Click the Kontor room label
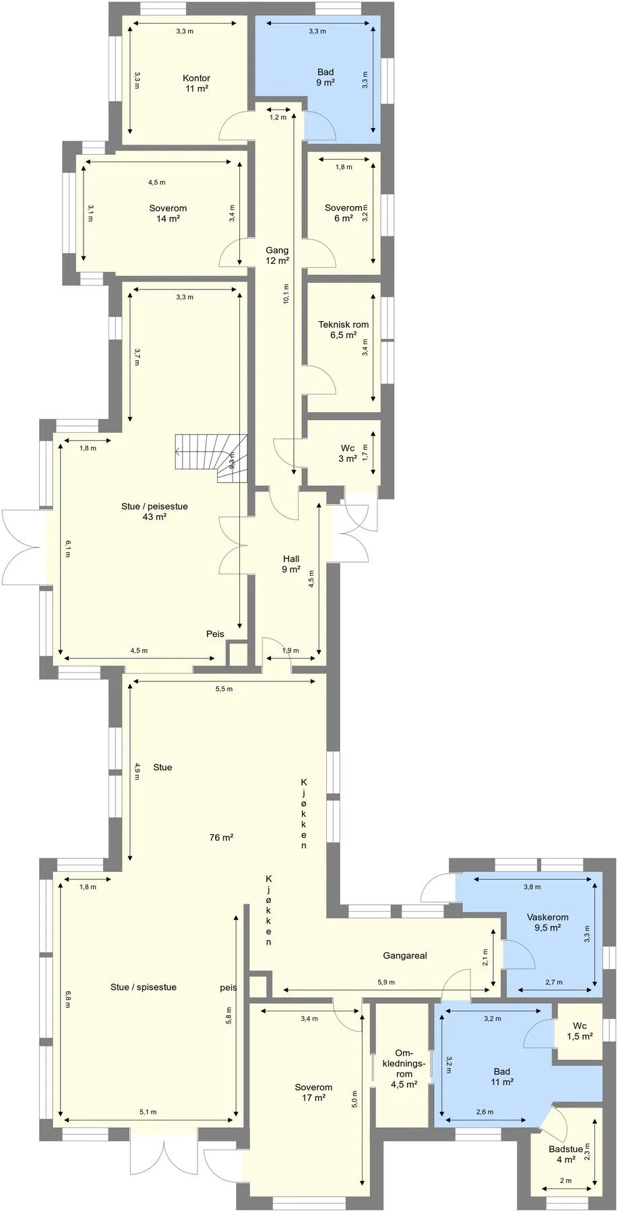(x=197, y=78)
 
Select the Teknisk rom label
(x=344, y=325)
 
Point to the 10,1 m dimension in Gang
(x=286, y=294)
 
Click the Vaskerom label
(x=548, y=917)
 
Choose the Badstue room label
(x=565, y=1149)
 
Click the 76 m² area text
(x=221, y=838)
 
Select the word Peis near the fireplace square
(x=215, y=634)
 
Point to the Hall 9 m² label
(x=291, y=564)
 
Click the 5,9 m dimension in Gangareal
(x=386, y=982)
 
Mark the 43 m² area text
(x=154, y=517)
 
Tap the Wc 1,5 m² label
(x=580, y=1032)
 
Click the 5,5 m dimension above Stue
(x=224, y=689)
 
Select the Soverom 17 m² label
(x=313, y=1092)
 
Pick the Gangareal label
(x=405, y=955)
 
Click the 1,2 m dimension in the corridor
(x=278, y=117)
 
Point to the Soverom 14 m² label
(x=168, y=213)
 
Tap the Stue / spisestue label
(x=144, y=987)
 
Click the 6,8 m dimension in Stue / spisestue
(x=68, y=999)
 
